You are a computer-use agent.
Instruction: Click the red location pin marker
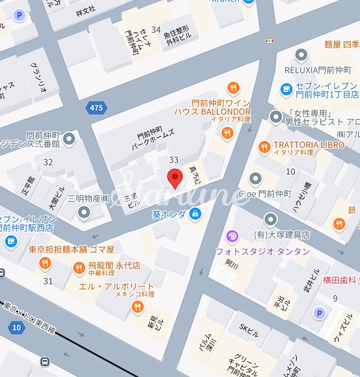pyautogui.click(x=175, y=178)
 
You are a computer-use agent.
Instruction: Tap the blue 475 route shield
pyautogui.click(x=96, y=108)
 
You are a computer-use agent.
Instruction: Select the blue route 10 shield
pyautogui.click(x=16, y=328)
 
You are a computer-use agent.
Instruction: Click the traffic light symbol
pyautogui.click(x=269, y=41)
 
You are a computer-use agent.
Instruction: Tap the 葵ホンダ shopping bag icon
pyautogui.click(x=195, y=214)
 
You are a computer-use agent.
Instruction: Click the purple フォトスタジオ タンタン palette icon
pyautogui.click(x=232, y=236)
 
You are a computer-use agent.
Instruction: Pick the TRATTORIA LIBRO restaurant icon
pyautogui.click(x=264, y=147)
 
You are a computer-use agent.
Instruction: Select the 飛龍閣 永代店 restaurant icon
pyautogui.click(x=79, y=268)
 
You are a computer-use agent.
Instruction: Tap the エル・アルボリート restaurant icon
pyautogui.click(x=137, y=307)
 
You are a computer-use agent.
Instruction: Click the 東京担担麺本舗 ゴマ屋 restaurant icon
pyautogui.click(x=44, y=263)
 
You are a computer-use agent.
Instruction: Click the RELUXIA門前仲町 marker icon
pyautogui.click(x=301, y=55)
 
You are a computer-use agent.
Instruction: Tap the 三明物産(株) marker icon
pyautogui.click(x=84, y=212)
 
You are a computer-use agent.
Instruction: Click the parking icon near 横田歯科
pyautogui.click(x=319, y=313)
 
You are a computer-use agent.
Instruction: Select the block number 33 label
pyautogui.click(x=174, y=160)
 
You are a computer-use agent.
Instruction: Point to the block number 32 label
pyautogui.click(x=48, y=162)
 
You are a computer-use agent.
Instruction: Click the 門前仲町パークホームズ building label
pyautogui.click(x=154, y=138)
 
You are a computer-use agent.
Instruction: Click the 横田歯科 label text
pyautogui.click(x=341, y=280)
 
